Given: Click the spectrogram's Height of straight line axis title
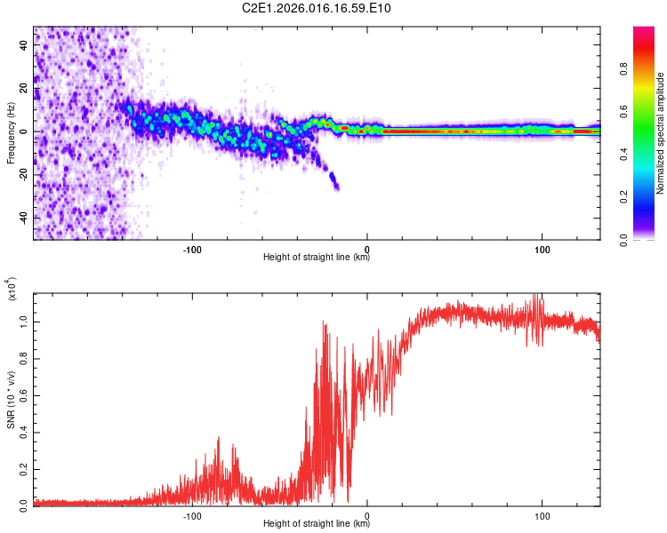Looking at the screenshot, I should (x=317, y=258).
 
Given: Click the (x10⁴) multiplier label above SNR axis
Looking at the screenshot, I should (x=12, y=290).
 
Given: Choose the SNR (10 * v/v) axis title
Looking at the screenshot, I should (x=11, y=400).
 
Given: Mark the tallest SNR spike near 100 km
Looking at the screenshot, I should (x=536, y=295).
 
